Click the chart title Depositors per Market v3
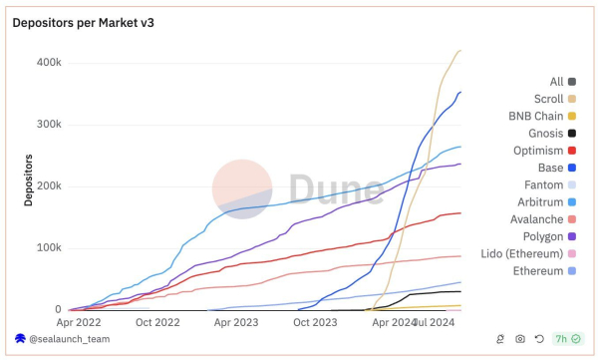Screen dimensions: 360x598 (83, 22)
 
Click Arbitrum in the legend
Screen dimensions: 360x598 (541, 202)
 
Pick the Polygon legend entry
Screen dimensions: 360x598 (543, 236)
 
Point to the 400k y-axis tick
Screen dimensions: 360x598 (48, 62)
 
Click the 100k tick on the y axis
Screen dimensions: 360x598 (48, 248)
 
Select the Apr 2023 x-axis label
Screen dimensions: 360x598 (236, 323)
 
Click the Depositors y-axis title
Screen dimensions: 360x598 (29, 180)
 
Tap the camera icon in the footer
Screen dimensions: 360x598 (520, 340)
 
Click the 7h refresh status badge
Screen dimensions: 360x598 (567, 340)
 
